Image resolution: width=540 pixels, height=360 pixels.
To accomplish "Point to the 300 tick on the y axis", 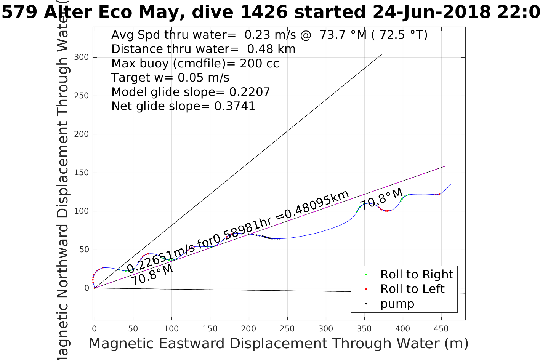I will tap(82, 57).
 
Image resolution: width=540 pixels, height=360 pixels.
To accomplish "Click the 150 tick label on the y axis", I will tap(82, 173).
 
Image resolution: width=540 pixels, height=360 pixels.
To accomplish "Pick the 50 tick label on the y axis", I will tap(84, 250).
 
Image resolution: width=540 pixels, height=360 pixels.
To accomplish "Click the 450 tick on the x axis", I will tap(441, 329).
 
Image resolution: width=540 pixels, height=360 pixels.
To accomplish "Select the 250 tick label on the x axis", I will tap(287, 329).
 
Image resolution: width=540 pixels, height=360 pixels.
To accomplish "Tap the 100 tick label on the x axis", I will tap(171, 329).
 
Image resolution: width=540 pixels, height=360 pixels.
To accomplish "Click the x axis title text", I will tap(278, 344).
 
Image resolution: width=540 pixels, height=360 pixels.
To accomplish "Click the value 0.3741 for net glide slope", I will tap(235, 106).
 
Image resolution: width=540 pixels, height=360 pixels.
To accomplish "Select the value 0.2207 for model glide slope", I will tap(249, 92).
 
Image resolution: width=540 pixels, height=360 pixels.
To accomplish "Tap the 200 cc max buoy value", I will tap(259, 64).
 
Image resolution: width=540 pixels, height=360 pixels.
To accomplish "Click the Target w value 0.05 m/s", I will tap(204, 78).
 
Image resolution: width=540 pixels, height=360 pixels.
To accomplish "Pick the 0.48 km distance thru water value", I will tap(271, 49).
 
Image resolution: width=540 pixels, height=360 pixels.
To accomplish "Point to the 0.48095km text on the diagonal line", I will tap(312, 206).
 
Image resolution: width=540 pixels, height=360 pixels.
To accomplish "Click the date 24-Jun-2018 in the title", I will tap(431, 12).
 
